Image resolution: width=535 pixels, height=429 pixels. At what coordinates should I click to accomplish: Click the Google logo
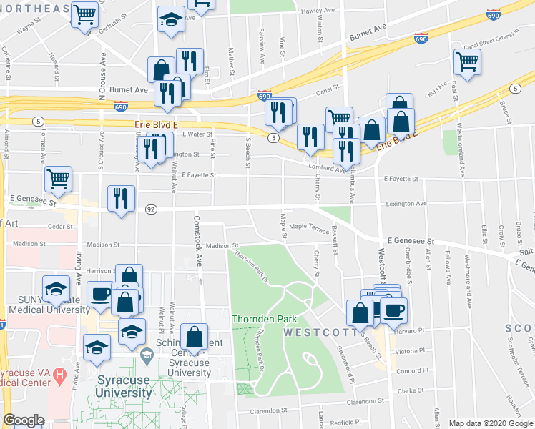coord(24,420)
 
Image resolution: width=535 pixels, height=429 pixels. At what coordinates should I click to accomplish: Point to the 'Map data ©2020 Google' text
coord(490,423)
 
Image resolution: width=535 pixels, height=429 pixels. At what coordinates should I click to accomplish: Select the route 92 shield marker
coord(150,209)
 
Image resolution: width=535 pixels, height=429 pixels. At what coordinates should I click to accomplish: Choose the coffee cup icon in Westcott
coord(393,310)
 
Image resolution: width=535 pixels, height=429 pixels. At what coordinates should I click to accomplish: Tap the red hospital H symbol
coord(59,374)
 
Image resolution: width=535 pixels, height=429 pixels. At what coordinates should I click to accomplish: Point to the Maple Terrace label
coord(308,228)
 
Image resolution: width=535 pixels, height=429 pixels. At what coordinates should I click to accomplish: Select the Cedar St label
coord(59,227)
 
